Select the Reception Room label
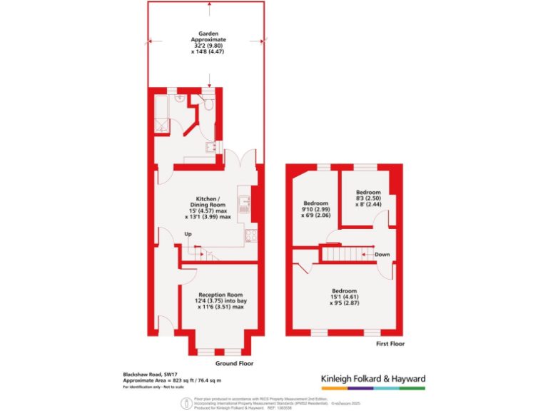[220, 299]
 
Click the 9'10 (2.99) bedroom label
[315, 206]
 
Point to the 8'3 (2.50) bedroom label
[368, 197]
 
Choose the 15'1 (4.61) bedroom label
[345, 295]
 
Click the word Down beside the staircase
[382, 254]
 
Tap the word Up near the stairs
[188, 234]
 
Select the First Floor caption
[390, 344]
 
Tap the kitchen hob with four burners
[250, 235]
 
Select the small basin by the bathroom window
[210, 146]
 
